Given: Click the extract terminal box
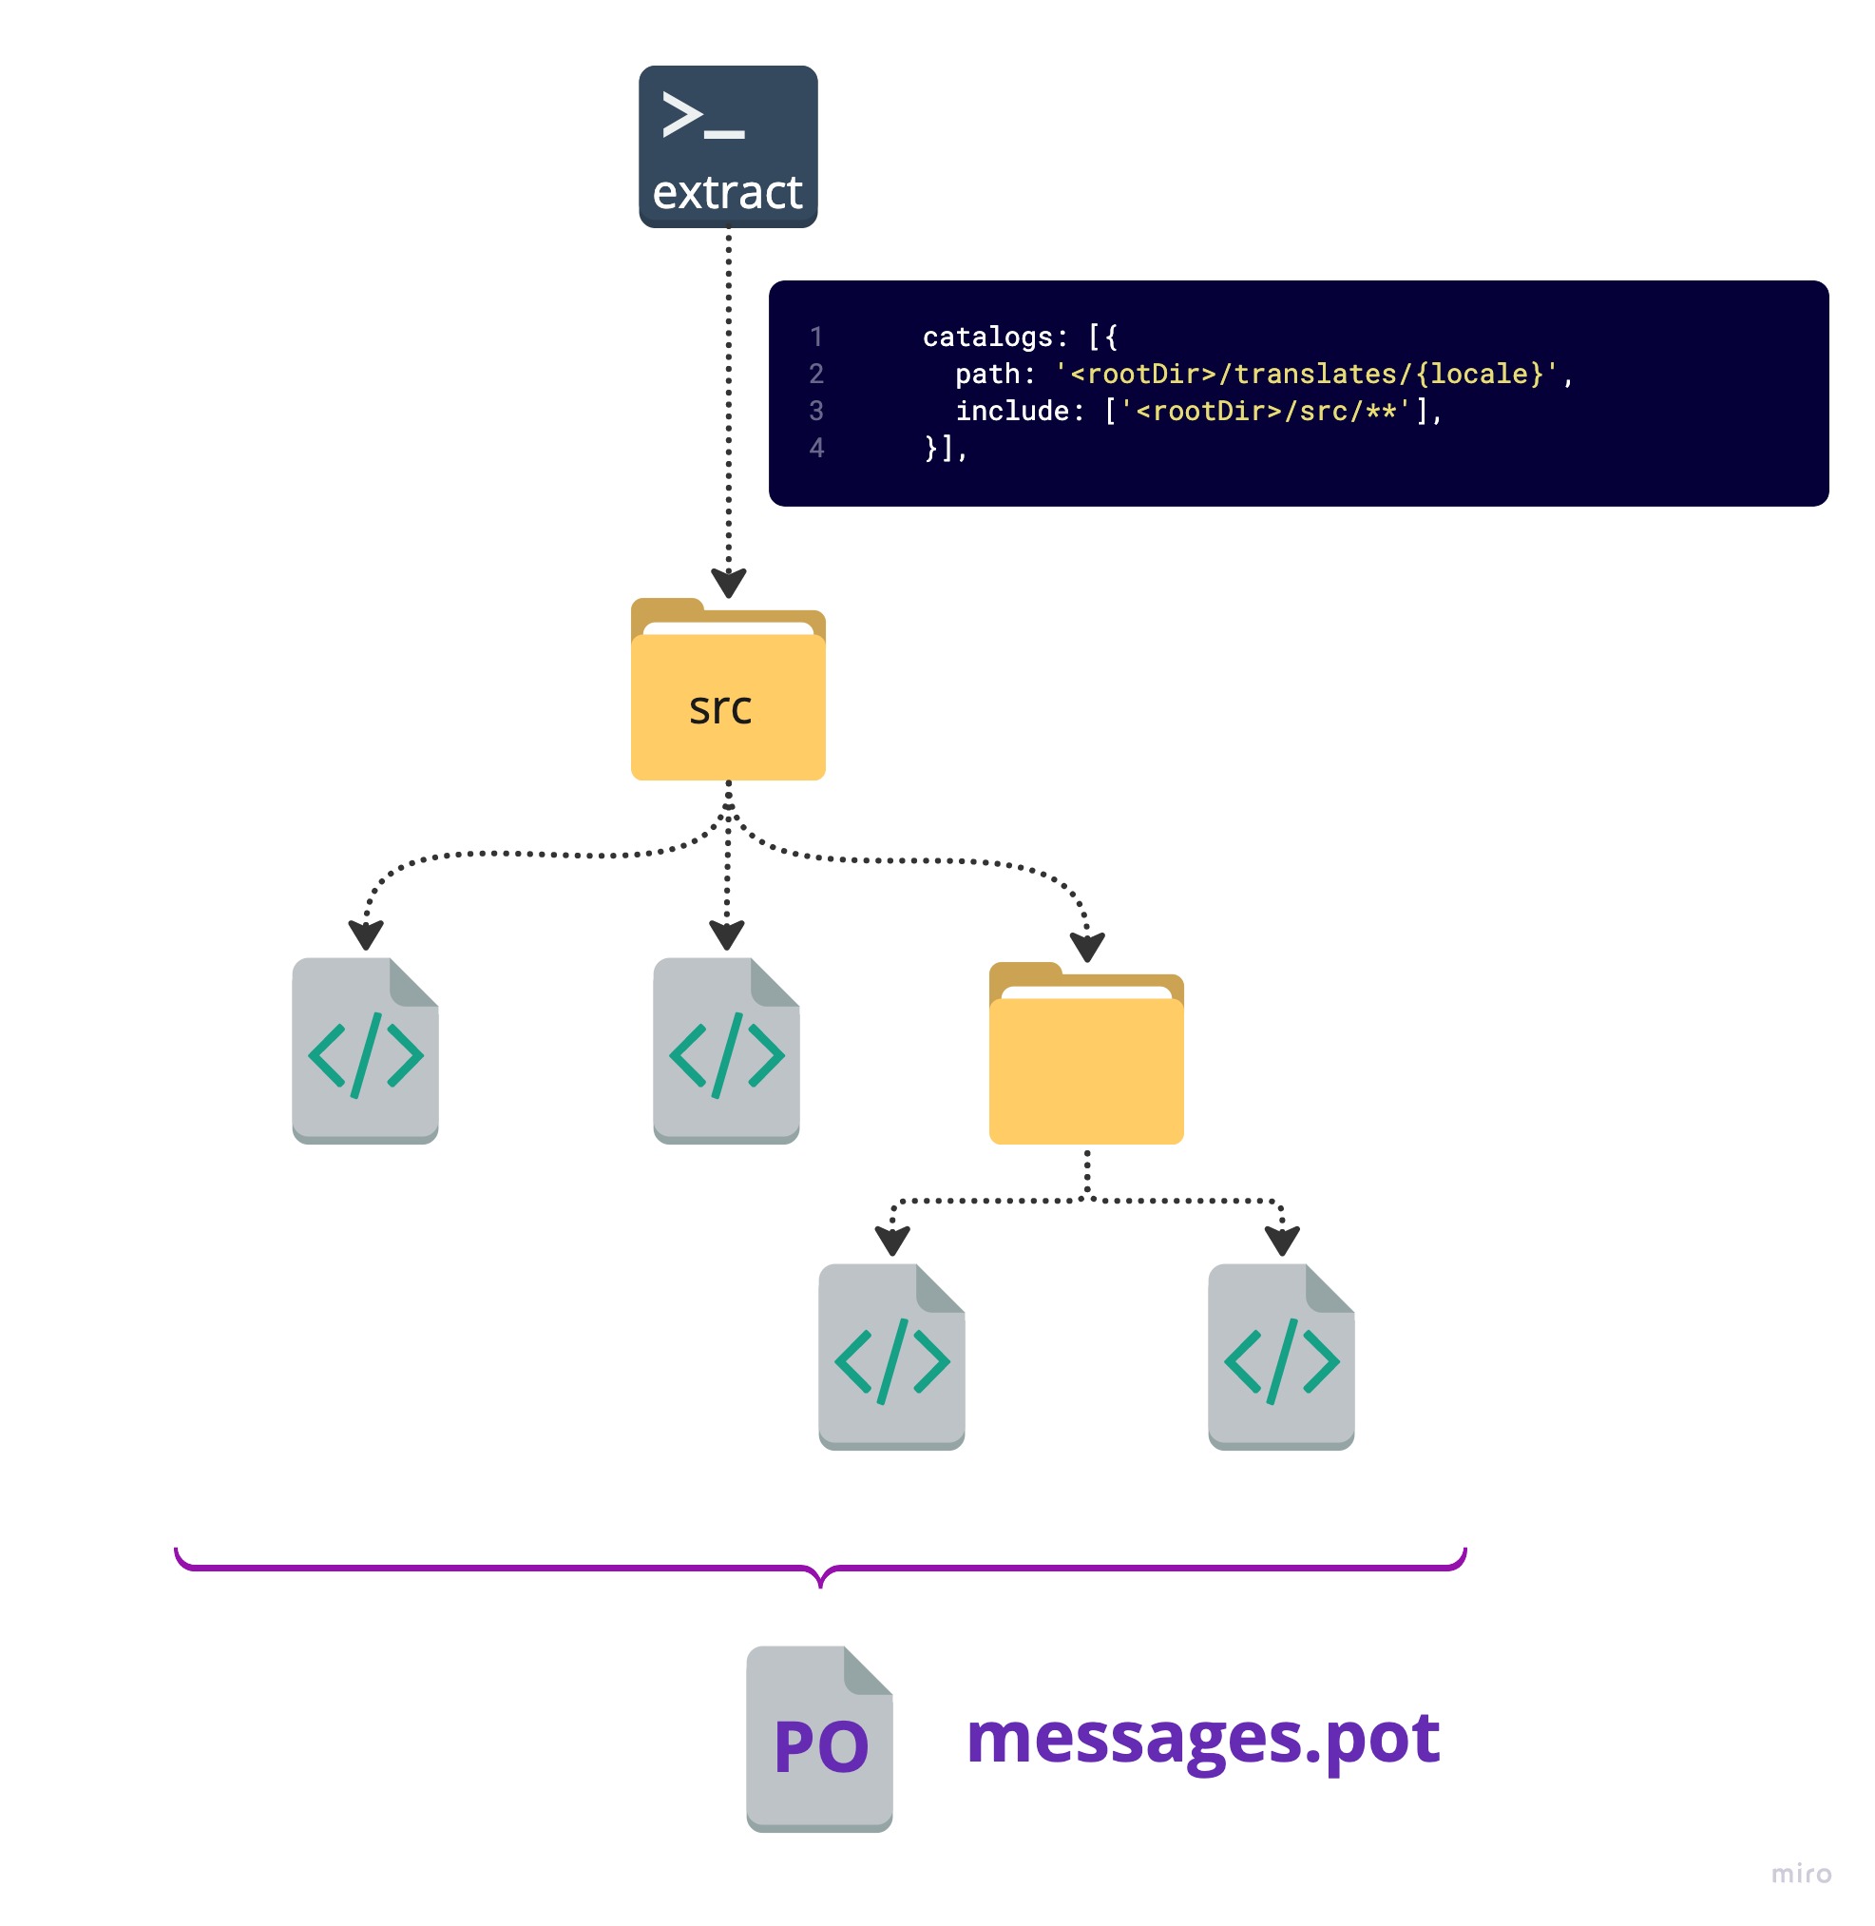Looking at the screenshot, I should (x=728, y=146).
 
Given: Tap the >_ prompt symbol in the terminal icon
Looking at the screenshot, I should (x=702, y=115).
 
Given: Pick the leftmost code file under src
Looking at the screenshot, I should (x=365, y=1051).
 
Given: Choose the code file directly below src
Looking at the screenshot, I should (x=727, y=1051).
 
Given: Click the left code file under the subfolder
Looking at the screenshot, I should (x=891, y=1357).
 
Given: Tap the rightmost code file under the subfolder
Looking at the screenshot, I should (x=1281, y=1357).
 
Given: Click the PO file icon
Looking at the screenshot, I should (x=819, y=1739).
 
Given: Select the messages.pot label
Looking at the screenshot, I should (x=1202, y=1740).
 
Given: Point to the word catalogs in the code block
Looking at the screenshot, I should (x=987, y=337).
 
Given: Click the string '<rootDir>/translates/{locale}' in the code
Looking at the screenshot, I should (x=1306, y=375).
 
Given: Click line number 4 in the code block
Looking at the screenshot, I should (x=816, y=449).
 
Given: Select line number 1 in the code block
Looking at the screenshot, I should (x=816, y=337).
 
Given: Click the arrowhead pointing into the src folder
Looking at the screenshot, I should (x=728, y=583).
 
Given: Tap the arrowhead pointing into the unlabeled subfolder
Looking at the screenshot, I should (x=1087, y=948).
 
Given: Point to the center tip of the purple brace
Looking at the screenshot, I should (x=820, y=1584).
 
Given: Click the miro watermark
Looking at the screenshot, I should (x=1801, y=1873).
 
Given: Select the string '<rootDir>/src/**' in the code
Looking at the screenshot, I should (x=1266, y=411).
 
